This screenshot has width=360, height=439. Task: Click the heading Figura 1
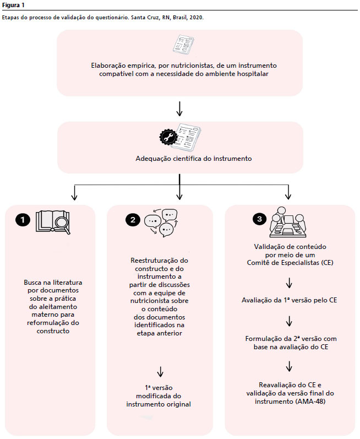coord(13,5)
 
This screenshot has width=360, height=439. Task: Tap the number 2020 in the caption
coord(195,18)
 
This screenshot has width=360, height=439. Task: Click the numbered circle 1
coord(23,220)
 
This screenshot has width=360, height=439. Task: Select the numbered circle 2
coord(133,220)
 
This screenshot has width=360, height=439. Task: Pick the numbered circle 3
coord(260,219)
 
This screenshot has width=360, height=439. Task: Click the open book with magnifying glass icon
coord(53,223)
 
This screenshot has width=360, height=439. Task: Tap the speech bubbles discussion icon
coord(161,223)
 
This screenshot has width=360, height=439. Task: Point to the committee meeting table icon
coord(288,222)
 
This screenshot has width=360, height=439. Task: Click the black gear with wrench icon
coord(168,137)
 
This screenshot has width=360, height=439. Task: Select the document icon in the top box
coord(183,45)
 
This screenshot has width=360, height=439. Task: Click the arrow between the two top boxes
coord(179,109)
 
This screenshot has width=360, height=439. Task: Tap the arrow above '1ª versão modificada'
coord(160,372)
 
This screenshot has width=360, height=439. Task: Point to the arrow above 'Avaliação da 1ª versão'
coord(289,283)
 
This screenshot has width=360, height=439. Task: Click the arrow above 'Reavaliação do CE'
coord(289,366)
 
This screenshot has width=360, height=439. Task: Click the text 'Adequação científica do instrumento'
coord(194,159)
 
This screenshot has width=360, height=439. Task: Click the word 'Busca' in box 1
coord(32,283)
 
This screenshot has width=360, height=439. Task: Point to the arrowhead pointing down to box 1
coord(74,197)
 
